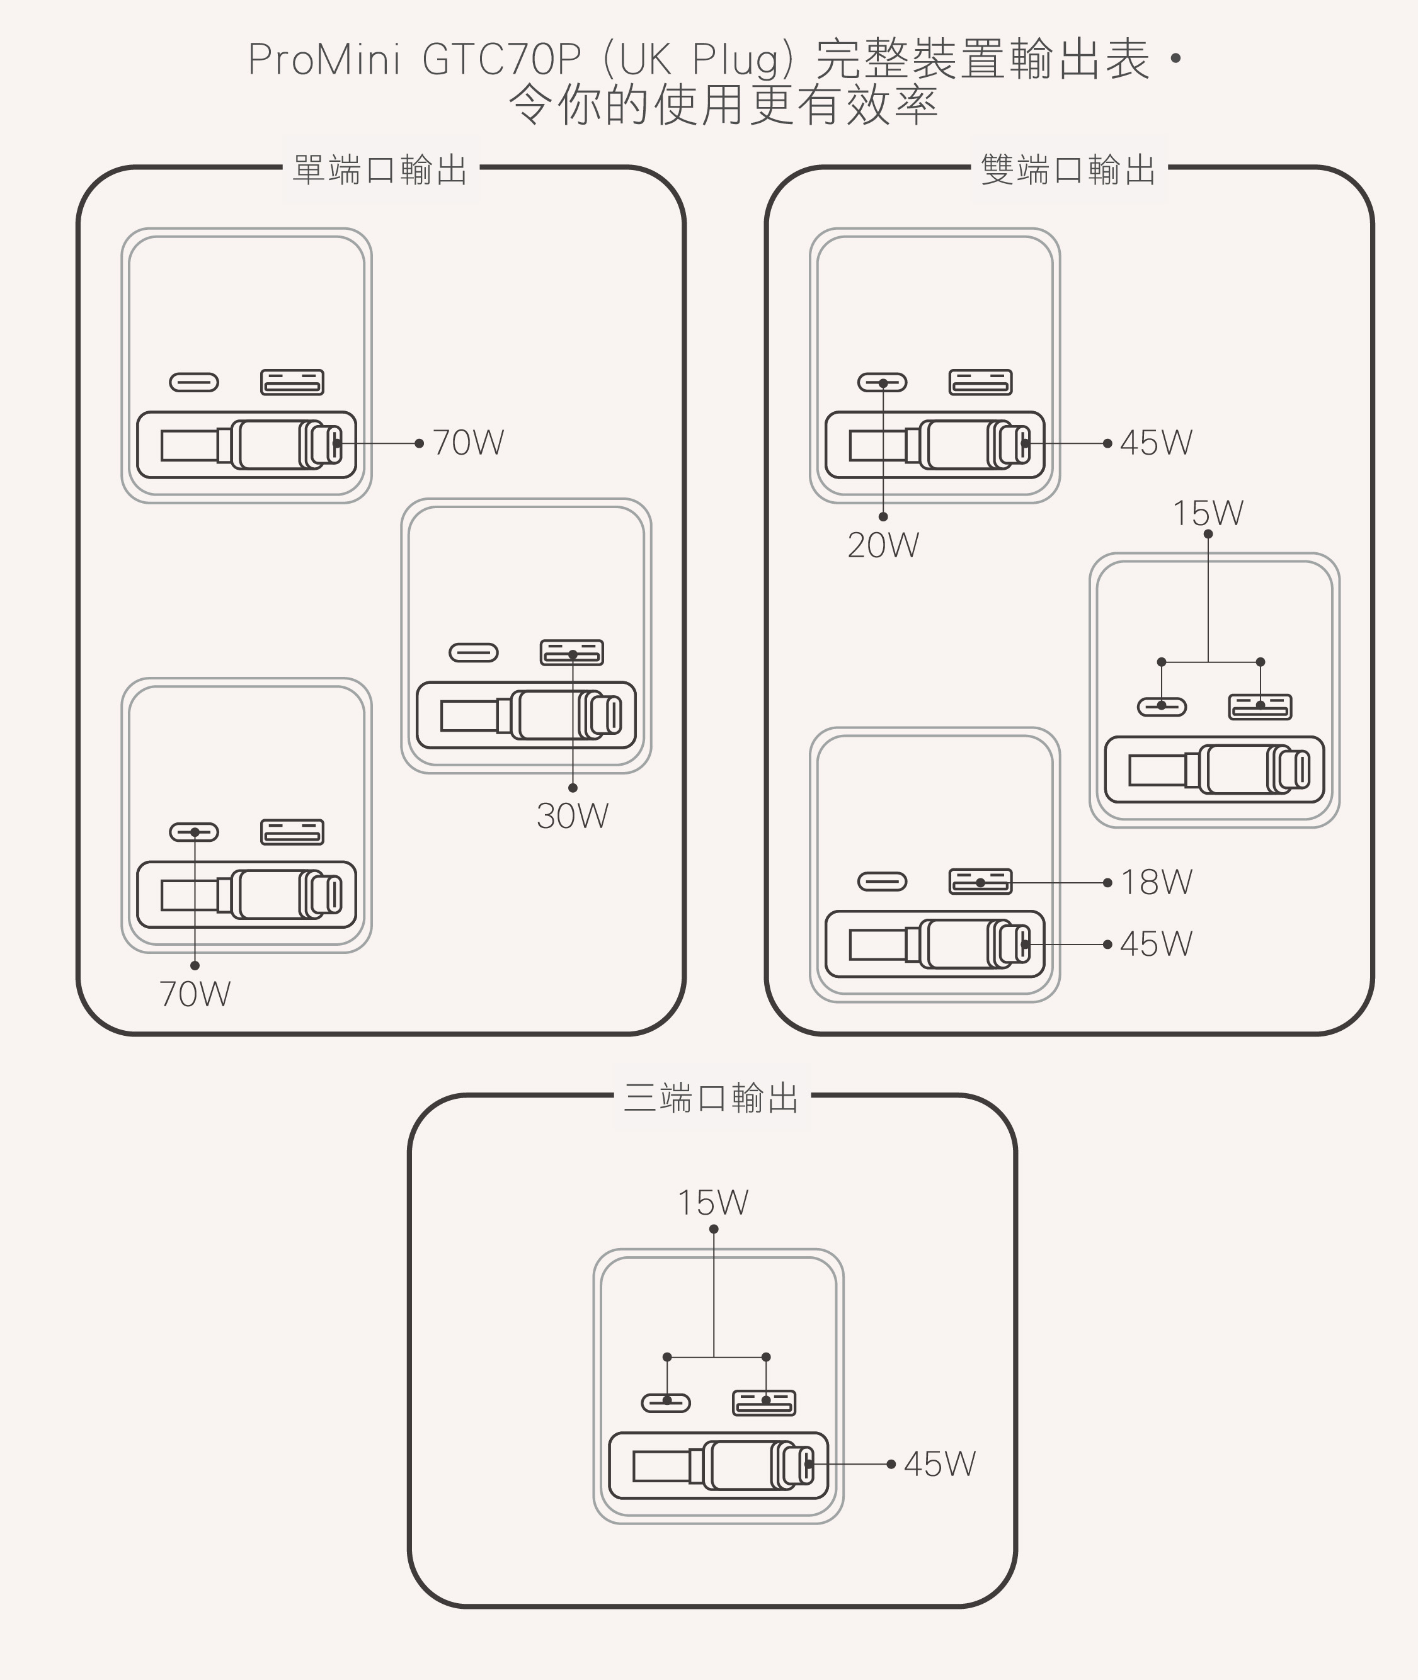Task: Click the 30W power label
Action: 573,816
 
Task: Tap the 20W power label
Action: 883,545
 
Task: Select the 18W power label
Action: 1156,882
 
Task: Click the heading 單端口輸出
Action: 380,171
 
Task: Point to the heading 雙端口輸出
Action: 1068,171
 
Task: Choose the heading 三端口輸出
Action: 711,1098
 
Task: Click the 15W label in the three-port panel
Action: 713,1203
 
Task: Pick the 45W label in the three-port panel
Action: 939,1464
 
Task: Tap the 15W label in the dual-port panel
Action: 1208,513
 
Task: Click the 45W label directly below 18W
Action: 1156,944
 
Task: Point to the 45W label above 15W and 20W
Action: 1156,443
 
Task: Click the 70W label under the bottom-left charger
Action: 195,995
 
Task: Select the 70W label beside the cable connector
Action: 468,443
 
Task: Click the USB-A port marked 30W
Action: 571,652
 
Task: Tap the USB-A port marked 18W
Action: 980,882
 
